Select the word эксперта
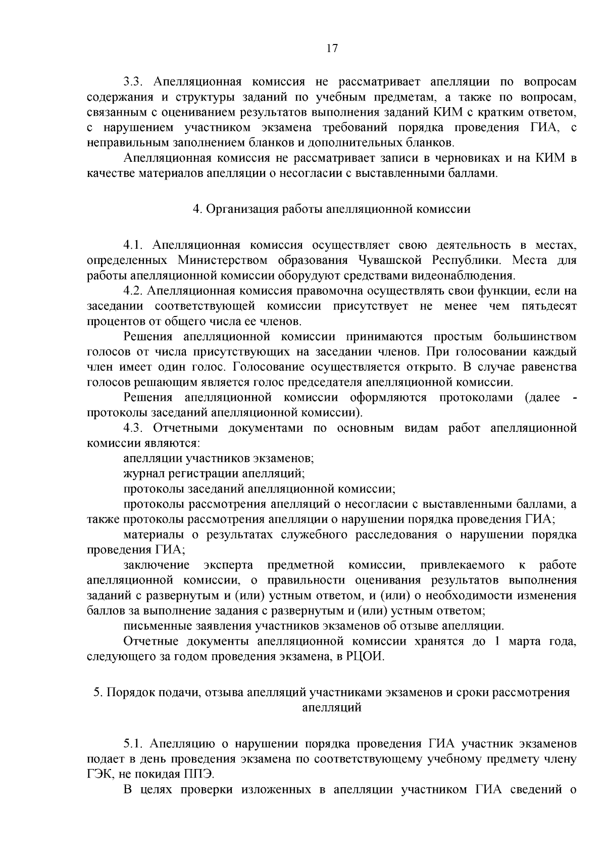(x=229, y=565)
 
